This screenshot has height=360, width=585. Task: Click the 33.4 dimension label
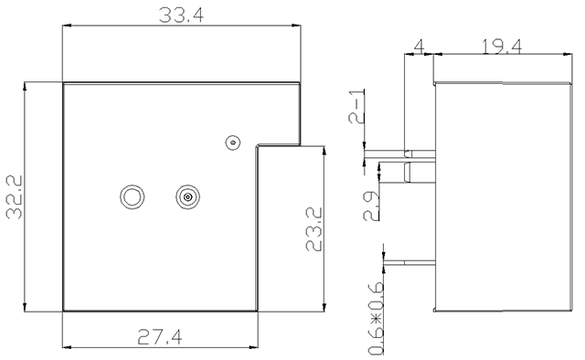[x=181, y=16]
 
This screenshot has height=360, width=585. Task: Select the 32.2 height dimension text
[x=15, y=197]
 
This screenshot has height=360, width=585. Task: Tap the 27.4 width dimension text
[x=160, y=336]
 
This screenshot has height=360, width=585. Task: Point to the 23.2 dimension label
[x=314, y=229]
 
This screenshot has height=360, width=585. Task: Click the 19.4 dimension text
[x=502, y=47]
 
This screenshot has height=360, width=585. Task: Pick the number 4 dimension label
[x=420, y=47]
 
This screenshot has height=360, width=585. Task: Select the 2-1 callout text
[x=356, y=106]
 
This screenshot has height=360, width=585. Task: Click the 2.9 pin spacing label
[x=371, y=206]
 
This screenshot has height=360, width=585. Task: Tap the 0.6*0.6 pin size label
[x=376, y=318]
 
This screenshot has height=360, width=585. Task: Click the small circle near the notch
[x=233, y=143]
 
